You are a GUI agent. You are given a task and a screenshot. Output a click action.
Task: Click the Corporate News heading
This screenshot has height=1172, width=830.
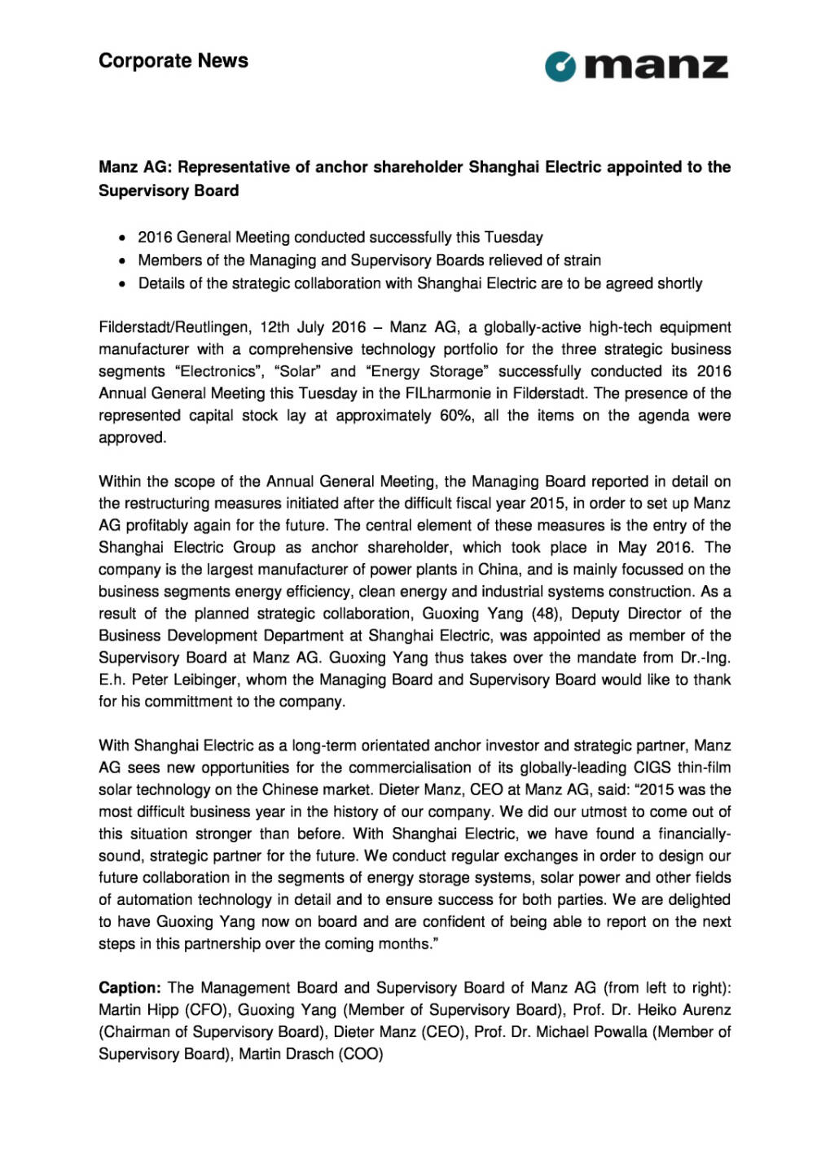173,61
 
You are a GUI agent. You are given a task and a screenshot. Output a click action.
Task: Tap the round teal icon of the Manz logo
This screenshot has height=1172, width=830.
560,67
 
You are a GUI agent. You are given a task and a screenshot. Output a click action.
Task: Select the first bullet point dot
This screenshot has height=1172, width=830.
121,238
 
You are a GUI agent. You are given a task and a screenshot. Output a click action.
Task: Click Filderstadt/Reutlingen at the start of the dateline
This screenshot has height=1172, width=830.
174,327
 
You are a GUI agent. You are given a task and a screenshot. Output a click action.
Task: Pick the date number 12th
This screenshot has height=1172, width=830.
275,327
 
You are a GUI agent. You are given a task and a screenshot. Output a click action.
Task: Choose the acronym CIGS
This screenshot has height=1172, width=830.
652,767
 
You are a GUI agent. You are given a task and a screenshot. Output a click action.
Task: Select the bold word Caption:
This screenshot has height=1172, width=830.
130,987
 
